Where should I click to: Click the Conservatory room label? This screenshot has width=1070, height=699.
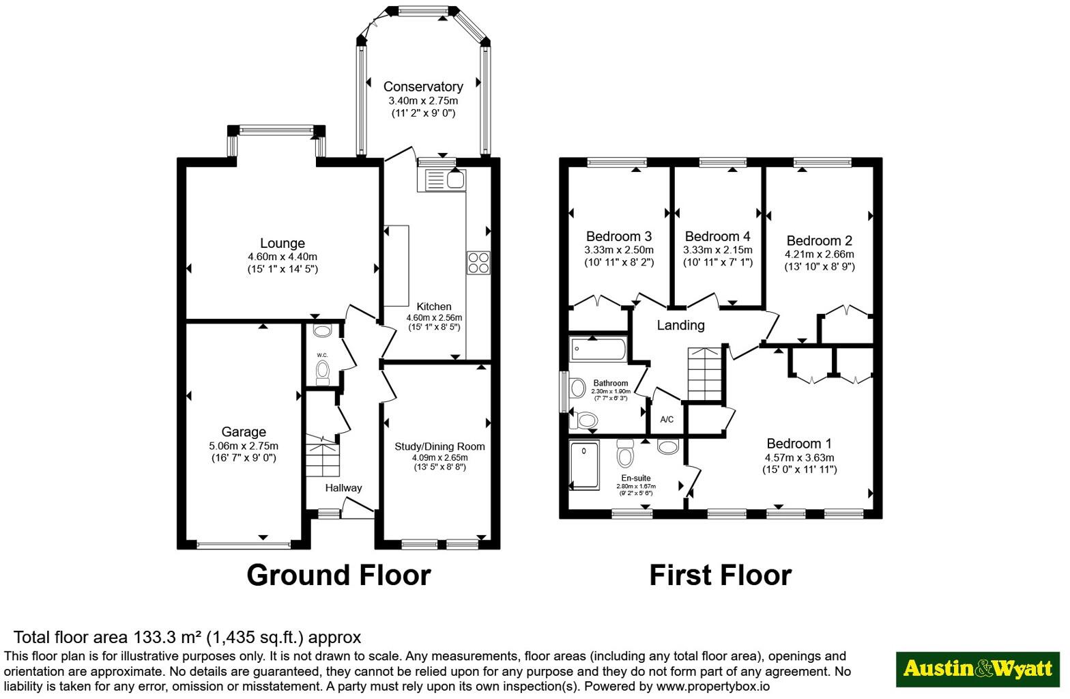tap(422, 87)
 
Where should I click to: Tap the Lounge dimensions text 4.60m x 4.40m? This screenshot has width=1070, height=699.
tap(282, 257)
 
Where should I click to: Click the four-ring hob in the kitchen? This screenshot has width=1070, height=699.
tap(478, 263)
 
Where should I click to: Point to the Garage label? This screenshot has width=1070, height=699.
tap(244, 431)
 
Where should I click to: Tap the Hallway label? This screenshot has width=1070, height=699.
tap(343, 487)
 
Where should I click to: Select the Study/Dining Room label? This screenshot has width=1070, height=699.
tap(439, 446)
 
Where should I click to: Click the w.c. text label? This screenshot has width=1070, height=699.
tap(322, 355)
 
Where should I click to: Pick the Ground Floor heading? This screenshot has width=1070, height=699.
tap(338, 575)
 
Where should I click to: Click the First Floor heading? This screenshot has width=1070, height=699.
tap(720, 575)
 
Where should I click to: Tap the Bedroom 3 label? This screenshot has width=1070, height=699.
tap(618, 236)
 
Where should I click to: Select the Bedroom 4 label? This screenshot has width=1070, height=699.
tap(717, 236)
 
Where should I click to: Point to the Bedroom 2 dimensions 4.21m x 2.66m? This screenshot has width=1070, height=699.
tap(819, 254)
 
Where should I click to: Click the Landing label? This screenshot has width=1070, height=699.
tap(680, 325)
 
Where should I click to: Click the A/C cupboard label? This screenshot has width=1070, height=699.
tap(667, 419)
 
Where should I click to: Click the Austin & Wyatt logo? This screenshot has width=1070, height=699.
tap(977, 668)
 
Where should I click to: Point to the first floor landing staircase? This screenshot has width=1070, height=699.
tap(704, 373)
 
